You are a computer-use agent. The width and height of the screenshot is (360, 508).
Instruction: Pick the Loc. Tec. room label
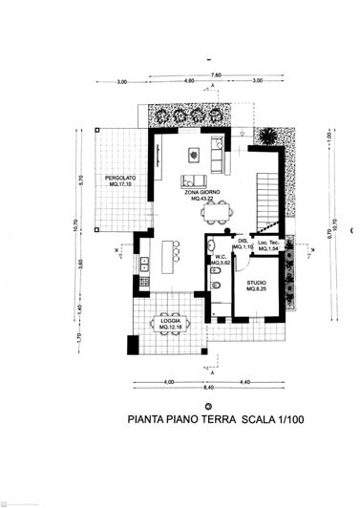(267, 244)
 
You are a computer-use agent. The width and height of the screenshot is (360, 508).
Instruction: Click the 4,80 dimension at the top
(189, 82)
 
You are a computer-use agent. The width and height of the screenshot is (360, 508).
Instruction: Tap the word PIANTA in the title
(146, 418)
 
